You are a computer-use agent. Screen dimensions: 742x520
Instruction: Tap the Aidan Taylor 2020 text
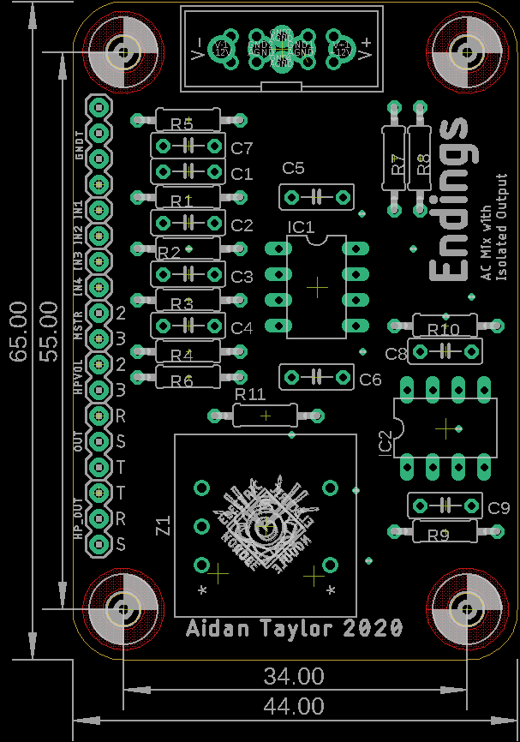click(295, 628)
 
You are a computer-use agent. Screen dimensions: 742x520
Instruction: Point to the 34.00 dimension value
click(294, 677)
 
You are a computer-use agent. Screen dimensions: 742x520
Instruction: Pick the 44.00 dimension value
click(294, 707)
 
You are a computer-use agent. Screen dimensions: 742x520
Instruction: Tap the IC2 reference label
click(386, 441)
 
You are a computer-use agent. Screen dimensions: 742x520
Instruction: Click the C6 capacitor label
click(370, 379)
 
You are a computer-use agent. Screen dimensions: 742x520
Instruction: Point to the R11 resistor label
click(250, 393)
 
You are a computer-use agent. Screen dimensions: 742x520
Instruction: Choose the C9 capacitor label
click(499, 508)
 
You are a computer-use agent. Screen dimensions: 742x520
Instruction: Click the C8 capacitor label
click(396, 353)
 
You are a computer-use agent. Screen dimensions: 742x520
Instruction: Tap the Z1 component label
click(164, 525)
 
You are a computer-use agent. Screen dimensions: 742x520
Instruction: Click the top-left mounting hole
click(125, 51)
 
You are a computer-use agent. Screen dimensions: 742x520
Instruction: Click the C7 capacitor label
click(242, 147)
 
